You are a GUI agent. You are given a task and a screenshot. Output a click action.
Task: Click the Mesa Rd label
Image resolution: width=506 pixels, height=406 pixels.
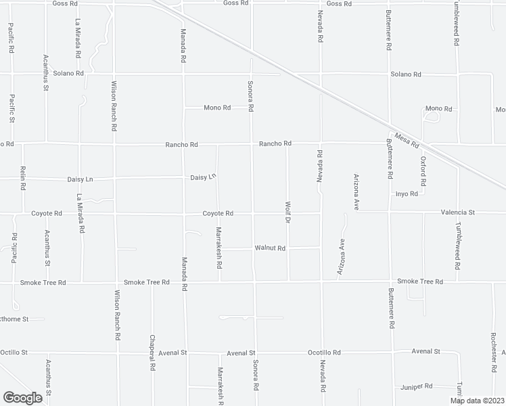pyautogui.click(x=408, y=139)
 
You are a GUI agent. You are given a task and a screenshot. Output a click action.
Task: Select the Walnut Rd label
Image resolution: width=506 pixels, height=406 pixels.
pyautogui.click(x=270, y=248)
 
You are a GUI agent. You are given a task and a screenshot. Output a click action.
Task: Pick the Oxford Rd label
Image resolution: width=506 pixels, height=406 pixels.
pyautogui.click(x=423, y=171)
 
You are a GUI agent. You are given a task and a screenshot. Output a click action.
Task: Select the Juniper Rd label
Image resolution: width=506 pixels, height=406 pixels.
pyautogui.click(x=416, y=386)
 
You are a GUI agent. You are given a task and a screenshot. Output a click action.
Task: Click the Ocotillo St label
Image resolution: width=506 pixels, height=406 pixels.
pyautogui.click(x=14, y=353)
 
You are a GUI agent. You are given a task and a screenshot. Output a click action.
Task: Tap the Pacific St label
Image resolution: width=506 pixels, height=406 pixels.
pyautogui.click(x=12, y=108)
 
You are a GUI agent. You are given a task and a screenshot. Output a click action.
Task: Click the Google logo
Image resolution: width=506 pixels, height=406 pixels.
pyautogui.click(x=22, y=397)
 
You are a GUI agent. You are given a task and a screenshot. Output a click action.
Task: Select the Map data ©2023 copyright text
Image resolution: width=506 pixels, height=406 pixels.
pyautogui.click(x=476, y=401)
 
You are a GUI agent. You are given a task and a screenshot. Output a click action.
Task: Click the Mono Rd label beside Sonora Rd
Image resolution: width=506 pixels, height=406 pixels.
pyautogui.click(x=217, y=108)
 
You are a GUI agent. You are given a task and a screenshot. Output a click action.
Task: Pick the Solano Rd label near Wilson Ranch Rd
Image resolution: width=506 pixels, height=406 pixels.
pyautogui.click(x=70, y=73)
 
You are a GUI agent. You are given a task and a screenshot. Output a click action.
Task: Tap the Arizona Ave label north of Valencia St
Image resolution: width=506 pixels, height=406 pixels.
pyautogui.click(x=355, y=190)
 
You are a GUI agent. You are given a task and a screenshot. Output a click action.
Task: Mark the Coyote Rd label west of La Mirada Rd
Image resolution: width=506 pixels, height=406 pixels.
pyautogui.click(x=47, y=213)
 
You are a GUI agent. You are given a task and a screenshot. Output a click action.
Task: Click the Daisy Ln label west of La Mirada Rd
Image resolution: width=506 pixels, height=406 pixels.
pyautogui.click(x=79, y=179)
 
